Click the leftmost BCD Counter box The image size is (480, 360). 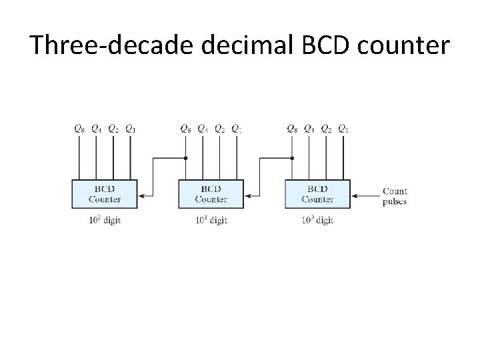105,194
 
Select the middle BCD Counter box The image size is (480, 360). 211,194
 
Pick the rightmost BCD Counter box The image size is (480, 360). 317,194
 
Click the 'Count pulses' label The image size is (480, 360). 395,196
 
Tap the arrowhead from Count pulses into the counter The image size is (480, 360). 355,196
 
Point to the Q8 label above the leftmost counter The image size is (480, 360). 80,129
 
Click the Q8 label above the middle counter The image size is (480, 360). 186,129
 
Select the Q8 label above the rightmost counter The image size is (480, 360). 292,129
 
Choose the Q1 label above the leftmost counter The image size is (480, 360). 130,129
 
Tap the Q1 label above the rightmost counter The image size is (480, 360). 343,129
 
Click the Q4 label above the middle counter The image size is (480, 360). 203,129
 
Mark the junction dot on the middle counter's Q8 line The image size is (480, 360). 186,159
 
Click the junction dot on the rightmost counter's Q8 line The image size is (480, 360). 292,159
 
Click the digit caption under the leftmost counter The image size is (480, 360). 104,221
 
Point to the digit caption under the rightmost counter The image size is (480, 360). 316,221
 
